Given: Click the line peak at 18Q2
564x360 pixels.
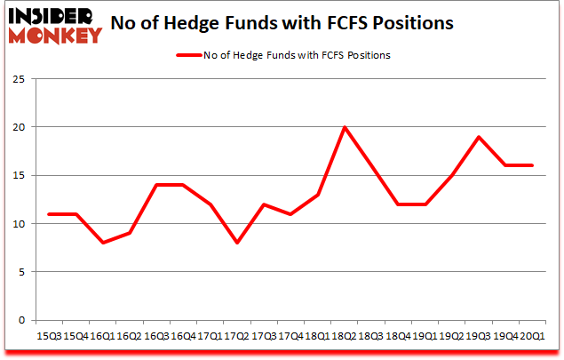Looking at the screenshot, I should [x=345, y=127].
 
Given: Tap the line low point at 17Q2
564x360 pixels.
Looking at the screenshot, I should [x=237, y=243].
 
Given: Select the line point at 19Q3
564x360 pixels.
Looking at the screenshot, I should [x=479, y=137].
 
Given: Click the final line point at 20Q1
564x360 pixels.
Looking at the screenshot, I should [x=532, y=165].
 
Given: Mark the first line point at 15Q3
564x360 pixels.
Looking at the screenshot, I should [x=50, y=214].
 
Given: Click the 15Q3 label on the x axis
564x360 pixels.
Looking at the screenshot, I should [x=50, y=335].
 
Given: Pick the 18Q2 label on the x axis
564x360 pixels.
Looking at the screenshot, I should [x=345, y=335].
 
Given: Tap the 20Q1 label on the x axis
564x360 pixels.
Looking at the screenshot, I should [x=532, y=335].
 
